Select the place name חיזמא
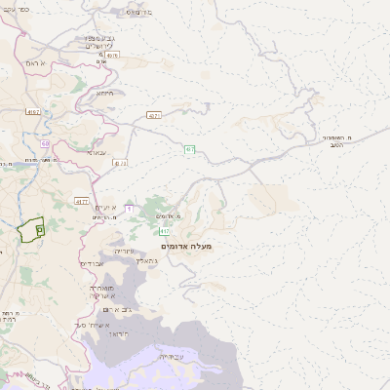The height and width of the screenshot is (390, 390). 104,94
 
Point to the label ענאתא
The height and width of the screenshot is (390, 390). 97,152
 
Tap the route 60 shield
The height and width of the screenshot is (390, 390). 45,143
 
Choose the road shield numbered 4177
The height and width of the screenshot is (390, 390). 81,200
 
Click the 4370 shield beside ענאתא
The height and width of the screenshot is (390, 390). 120,163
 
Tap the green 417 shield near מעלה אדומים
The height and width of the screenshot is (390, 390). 165,231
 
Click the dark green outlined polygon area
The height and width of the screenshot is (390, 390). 29,229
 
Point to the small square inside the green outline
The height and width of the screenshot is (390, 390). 39,229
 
